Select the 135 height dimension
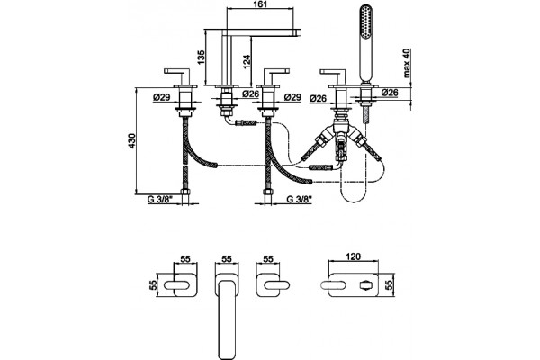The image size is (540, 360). [x=201, y=58]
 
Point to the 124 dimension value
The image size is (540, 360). [x=247, y=61]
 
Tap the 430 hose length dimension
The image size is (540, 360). [x=132, y=141]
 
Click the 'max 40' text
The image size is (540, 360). [x=407, y=63]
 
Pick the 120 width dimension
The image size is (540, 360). [x=354, y=256]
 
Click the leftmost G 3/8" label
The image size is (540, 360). [x=160, y=200]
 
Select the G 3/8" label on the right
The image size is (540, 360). [x=299, y=200]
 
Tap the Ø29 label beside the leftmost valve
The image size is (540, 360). [x=162, y=97]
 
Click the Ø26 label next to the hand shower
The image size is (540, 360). [x=391, y=93]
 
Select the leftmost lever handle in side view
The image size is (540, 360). [x=177, y=74]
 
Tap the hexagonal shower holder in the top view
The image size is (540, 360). [x=364, y=285]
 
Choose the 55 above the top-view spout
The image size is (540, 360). [x=226, y=258]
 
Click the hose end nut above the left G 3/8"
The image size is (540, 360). [x=185, y=192]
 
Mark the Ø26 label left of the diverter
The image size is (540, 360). [x=319, y=98]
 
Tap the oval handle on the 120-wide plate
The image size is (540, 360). [x=333, y=285]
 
